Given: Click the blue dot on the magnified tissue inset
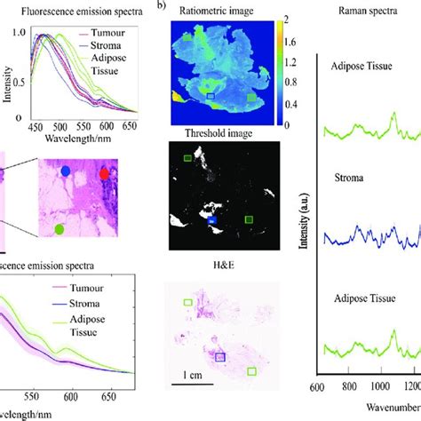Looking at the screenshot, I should point(66,170).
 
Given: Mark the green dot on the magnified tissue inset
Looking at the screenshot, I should point(59,229).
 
